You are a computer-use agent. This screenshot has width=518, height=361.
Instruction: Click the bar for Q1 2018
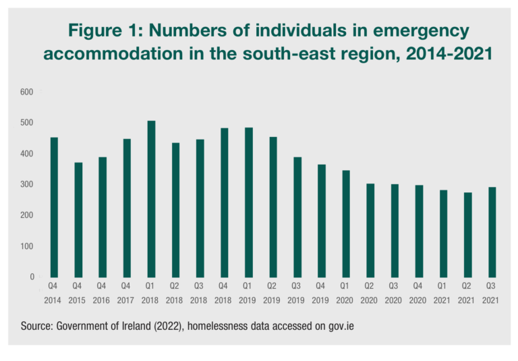(x=151, y=199)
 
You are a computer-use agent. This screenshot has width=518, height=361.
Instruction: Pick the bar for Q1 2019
(x=249, y=202)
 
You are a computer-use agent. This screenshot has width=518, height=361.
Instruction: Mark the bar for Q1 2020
(x=346, y=223)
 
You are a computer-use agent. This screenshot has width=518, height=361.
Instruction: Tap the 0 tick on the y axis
(x=31, y=277)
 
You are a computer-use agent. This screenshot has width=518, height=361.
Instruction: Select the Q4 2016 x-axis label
(x=103, y=292)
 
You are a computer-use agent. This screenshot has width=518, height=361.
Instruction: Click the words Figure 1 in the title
(x=103, y=31)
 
